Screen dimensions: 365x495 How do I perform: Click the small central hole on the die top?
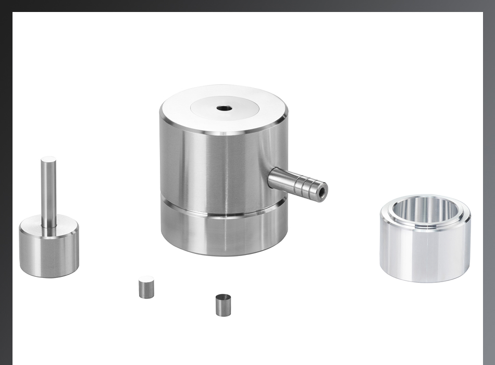click(x=225, y=108)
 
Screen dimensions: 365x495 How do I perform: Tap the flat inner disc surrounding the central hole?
click(x=245, y=109)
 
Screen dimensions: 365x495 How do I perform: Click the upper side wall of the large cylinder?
click(x=208, y=167)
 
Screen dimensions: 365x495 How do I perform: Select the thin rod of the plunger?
click(x=48, y=193)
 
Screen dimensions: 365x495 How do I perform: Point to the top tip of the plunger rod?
click(x=48, y=160)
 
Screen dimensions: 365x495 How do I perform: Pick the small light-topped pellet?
click(x=146, y=287)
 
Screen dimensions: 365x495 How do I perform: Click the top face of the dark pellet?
click(x=224, y=297)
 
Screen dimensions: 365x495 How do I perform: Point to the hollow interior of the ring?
click(x=425, y=209)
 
